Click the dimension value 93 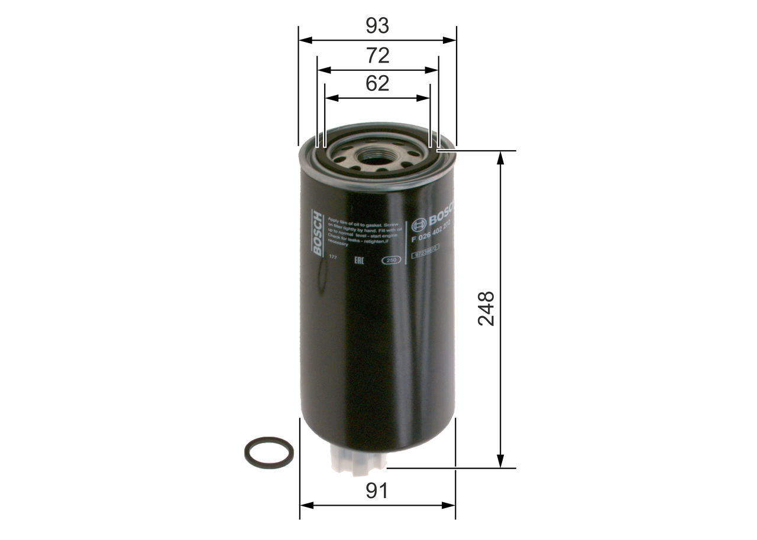coord(377,26)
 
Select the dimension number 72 coord(377,56)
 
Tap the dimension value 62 coord(377,83)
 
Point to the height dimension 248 coord(487,308)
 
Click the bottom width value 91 coord(377,491)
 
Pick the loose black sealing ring coord(269,453)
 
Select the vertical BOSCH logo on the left coord(318,233)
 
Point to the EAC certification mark coord(358,259)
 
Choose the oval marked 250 coord(390,260)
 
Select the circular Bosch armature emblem coord(419,224)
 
